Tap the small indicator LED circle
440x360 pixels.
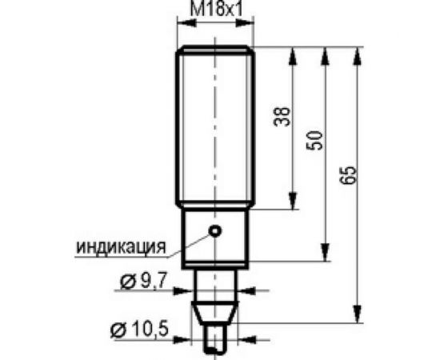point(214,231)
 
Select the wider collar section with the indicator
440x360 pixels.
point(214,238)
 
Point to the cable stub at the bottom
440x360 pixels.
point(214,342)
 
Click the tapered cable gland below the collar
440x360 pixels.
point(214,308)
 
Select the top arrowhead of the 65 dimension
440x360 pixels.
point(357,54)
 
